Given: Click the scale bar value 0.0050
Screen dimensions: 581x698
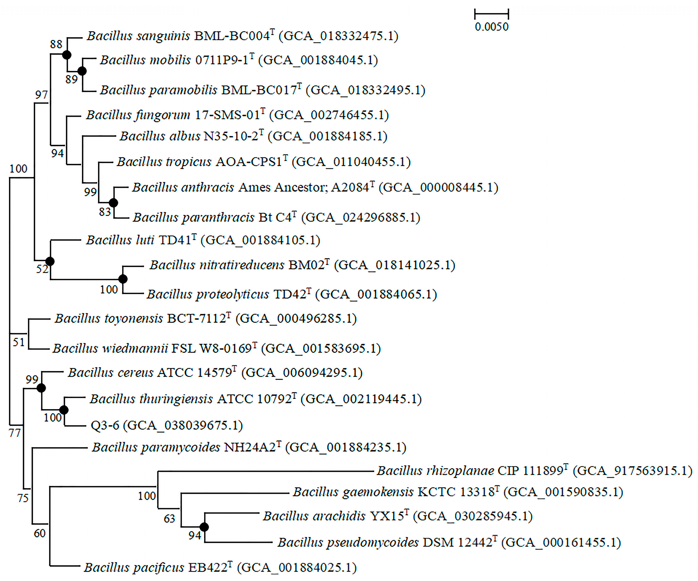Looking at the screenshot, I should coord(492,27).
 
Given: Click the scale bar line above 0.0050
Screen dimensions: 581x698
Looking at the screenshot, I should coord(492,14).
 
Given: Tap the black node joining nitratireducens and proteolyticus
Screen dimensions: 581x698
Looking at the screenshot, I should coord(123,279).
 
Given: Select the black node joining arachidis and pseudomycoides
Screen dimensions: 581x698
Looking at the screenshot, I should coord(204,527).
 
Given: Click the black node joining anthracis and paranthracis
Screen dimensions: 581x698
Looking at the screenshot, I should coord(114,203).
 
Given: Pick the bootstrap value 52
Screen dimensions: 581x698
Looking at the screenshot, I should coord(42,269).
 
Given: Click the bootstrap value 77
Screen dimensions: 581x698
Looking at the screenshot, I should coord(15,433).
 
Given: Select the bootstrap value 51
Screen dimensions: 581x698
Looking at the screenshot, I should coord(19,342).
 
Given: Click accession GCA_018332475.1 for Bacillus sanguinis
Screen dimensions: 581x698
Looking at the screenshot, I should coord(338,36).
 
